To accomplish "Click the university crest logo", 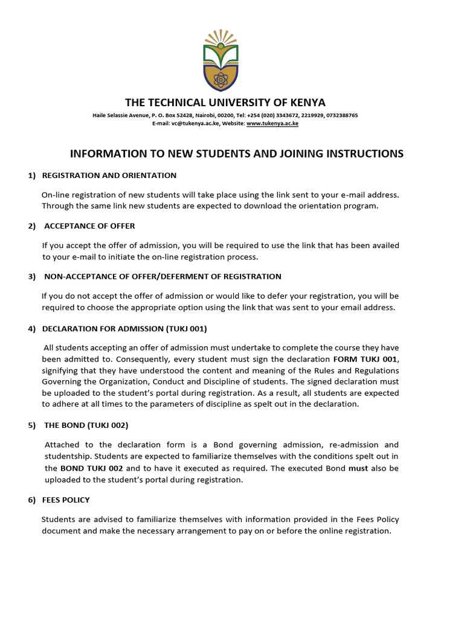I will [221, 59].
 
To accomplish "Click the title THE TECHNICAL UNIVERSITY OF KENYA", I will [225, 102].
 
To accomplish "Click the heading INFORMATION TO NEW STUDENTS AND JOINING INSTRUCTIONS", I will [237, 154].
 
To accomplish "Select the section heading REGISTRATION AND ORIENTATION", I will [109, 176].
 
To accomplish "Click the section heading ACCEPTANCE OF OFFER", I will [89, 226].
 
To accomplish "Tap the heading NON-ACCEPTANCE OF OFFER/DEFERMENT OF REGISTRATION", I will [163, 276].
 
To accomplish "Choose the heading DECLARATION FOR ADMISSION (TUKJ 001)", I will [124, 328].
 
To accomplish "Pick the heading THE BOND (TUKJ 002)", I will [86, 425].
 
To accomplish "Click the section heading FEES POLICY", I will [66, 500].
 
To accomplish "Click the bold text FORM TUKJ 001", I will [366, 359].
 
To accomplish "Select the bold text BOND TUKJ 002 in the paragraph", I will [92, 468].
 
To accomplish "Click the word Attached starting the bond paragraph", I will [62, 445].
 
